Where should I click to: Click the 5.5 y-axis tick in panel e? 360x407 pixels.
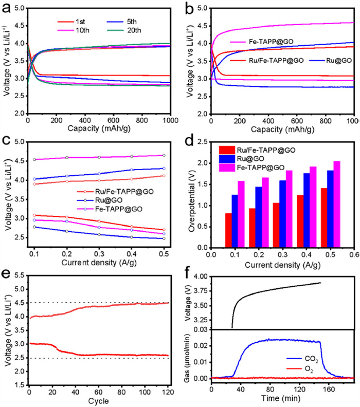pos(19,275)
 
